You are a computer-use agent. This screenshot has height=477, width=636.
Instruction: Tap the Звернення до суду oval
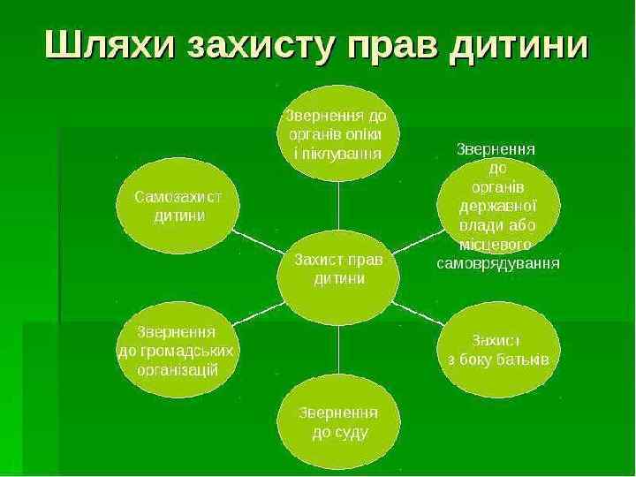point(339,423)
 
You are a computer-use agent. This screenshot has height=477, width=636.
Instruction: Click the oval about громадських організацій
point(178,351)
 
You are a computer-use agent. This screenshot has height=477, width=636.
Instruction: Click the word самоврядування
point(499,262)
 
